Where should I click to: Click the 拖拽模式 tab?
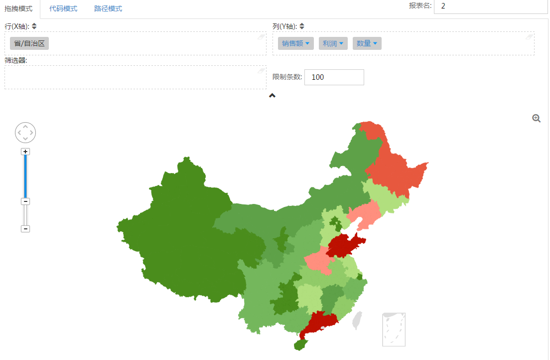click(x=18, y=9)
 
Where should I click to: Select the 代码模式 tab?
click(x=63, y=9)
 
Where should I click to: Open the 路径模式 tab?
click(x=108, y=9)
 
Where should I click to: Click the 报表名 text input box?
click(x=490, y=6)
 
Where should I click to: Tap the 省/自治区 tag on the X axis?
click(x=29, y=43)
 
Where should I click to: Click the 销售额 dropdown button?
click(x=296, y=43)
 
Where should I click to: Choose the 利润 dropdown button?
click(x=333, y=43)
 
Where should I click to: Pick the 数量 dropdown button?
click(x=367, y=43)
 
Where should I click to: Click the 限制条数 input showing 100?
click(x=334, y=77)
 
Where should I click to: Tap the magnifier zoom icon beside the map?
click(x=537, y=118)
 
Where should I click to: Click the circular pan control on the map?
click(x=26, y=133)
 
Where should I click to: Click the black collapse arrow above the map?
click(x=272, y=95)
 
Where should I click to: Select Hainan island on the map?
click(x=301, y=344)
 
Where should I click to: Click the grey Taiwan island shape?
click(x=357, y=320)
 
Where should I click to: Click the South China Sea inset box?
click(x=394, y=329)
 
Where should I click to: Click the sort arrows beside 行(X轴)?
click(x=34, y=26)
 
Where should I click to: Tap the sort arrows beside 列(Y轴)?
click(x=302, y=26)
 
